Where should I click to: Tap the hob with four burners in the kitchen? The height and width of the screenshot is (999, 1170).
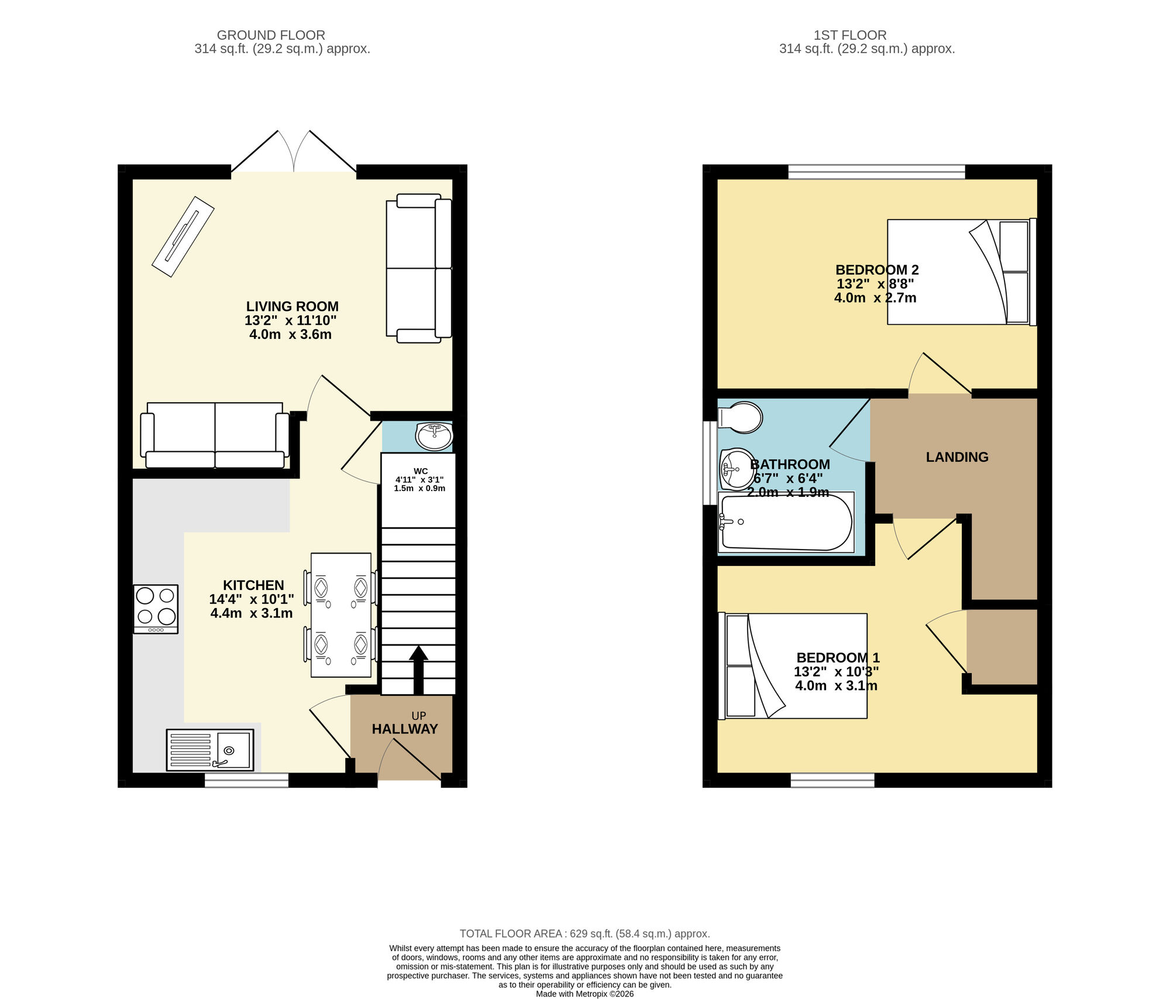tap(156, 608)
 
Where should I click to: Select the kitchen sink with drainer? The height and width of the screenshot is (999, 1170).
tap(210, 750)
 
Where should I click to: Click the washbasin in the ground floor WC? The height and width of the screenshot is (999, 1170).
tap(434, 436)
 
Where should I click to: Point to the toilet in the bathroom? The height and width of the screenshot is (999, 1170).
tap(741, 417)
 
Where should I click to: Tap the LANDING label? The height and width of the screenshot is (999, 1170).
tap(956, 457)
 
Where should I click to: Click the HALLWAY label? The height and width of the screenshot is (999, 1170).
tap(405, 729)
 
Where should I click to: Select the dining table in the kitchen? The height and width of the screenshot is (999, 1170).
tap(340, 615)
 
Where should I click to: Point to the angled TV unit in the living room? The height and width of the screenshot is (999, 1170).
tap(183, 236)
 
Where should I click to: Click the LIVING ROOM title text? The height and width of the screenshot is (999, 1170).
tap(292, 307)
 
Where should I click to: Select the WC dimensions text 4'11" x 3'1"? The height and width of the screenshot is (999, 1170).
tap(419, 479)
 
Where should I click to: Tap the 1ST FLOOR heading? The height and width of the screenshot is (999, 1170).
tap(849, 35)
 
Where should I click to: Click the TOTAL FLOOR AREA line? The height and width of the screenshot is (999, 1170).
tap(584, 933)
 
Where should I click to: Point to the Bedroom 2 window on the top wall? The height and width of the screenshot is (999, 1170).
tap(876, 171)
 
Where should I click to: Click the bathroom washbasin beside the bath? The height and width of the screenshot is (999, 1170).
tap(736, 468)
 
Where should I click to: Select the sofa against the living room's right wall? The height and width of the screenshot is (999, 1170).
tap(419, 268)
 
